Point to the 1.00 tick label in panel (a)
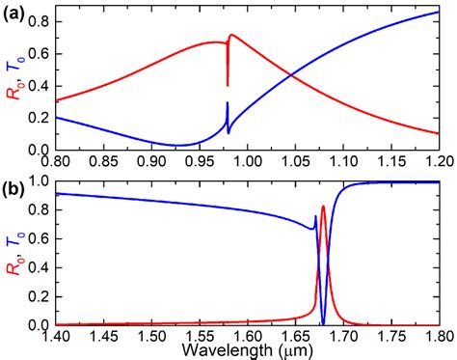249,165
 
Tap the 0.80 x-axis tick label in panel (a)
58,165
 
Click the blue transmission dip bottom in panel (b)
323,322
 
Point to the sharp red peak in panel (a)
229,36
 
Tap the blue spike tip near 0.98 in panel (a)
227,103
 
